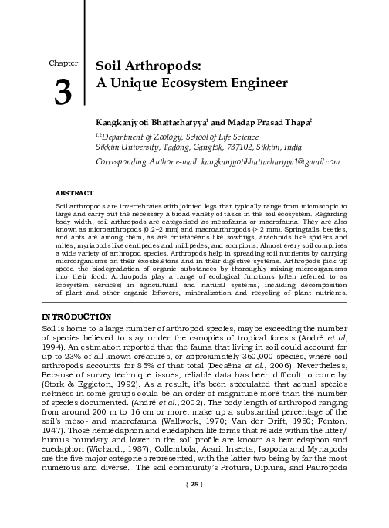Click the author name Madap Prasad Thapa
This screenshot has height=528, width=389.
(x=255, y=122)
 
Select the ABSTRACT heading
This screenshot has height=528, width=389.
(x=75, y=191)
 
